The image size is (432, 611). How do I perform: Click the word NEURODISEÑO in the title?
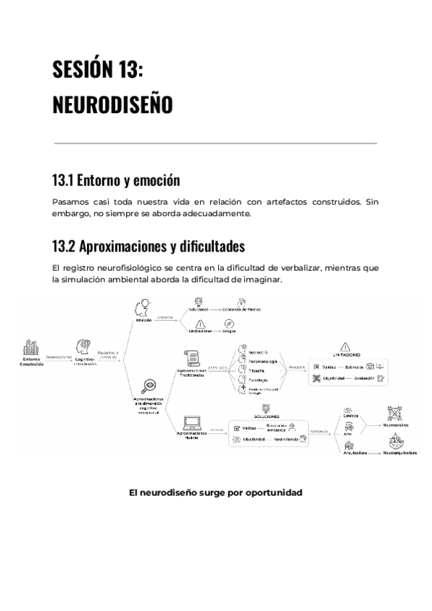coord(112,105)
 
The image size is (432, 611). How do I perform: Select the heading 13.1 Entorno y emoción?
coord(115,179)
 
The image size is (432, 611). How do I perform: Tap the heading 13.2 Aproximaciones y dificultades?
coord(148,246)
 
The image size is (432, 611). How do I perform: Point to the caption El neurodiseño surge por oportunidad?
coord(215,493)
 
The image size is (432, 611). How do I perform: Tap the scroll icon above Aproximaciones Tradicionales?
coord(192,356)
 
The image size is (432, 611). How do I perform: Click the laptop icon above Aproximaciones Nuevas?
coord(192,423)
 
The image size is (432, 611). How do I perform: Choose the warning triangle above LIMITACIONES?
coord(345,347)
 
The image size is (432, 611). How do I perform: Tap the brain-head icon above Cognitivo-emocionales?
coord(81,346)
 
